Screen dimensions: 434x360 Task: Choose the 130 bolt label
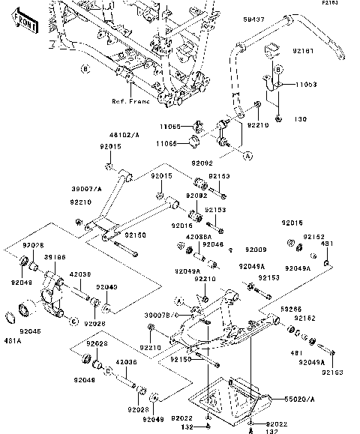(x=301, y=118)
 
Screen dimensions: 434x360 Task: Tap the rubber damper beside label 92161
(x=274, y=50)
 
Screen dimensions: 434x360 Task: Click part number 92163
(x=335, y=373)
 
